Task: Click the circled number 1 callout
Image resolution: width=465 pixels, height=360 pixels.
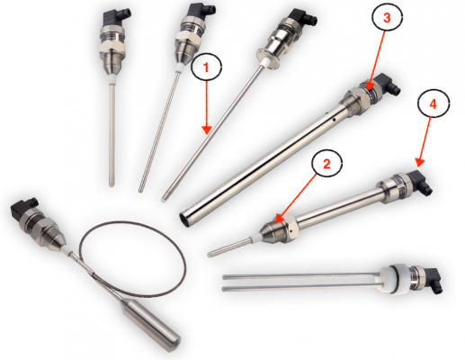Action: pyautogui.click(x=207, y=67)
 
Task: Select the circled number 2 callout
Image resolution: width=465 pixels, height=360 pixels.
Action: pyautogui.click(x=326, y=165)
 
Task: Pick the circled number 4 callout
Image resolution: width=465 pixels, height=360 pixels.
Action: pyautogui.click(x=434, y=104)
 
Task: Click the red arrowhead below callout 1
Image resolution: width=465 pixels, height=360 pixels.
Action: pyautogui.click(x=207, y=130)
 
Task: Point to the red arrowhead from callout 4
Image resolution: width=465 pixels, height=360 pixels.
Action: pyautogui.click(x=420, y=162)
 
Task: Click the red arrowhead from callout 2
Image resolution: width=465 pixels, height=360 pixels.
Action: pyautogui.click(x=280, y=218)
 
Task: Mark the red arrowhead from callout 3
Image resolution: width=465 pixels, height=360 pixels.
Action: pyautogui.click(x=369, y=85)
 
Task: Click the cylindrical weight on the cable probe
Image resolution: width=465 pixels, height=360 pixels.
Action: pyautogui.click(x=150, y=326)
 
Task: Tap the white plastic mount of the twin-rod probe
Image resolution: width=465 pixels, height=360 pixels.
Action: pyautogui.click(x=395, y=278)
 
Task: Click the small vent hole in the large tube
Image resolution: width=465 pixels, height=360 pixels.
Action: pyautogui.click(x=334, y=121)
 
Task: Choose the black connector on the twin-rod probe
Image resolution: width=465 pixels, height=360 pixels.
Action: pyautogui.click(x=431, y=280)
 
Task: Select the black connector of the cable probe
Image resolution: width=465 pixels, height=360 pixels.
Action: pyautogui.click(x=23, y=208)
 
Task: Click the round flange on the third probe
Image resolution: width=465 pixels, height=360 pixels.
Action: pyautogui.click(x=268, y=58)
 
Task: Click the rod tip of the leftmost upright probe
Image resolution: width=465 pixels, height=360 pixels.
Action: pyautogui.click(x=112, y=184)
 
